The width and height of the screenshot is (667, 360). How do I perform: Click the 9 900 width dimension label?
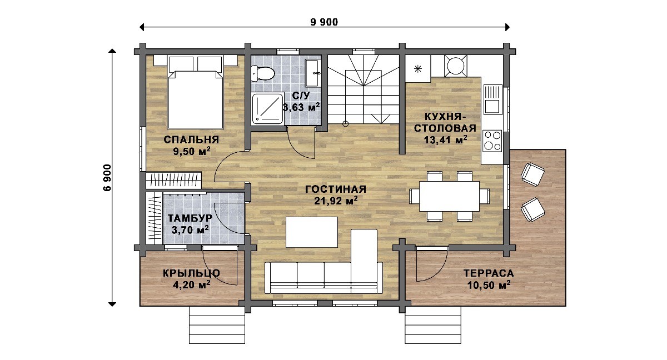[x=324, y=22]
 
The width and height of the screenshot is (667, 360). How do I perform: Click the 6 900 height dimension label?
[x=107, y=178]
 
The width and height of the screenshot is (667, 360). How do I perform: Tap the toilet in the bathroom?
[x=262, y=73]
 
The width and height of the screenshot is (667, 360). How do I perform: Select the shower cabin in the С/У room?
[x=267, y=108]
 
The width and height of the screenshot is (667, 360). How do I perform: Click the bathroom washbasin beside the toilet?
[x=312, y=73]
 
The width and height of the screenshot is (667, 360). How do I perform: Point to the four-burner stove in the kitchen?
[x=492, y=141]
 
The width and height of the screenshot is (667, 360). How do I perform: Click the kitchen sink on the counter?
[x=493, y=99]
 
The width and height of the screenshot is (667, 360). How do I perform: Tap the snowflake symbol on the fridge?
[x=418, y=69]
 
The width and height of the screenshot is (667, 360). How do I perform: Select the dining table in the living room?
[x=449, y=196]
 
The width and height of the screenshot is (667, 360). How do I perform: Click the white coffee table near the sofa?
[x=312, y=232]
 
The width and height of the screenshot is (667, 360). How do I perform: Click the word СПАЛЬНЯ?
[x=191, y=139]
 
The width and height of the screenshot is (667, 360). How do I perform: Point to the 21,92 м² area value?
[x=336, y=201]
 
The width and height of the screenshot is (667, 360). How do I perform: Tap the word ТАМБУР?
[x=190, y=218]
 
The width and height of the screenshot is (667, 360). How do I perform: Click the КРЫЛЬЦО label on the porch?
[x=191, y=273]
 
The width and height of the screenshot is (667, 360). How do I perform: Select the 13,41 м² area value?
[x=445, y=139]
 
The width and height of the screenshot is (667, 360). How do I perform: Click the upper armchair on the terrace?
[x=532, y=174]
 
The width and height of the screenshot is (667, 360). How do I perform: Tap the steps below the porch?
[x=217, y=325]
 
